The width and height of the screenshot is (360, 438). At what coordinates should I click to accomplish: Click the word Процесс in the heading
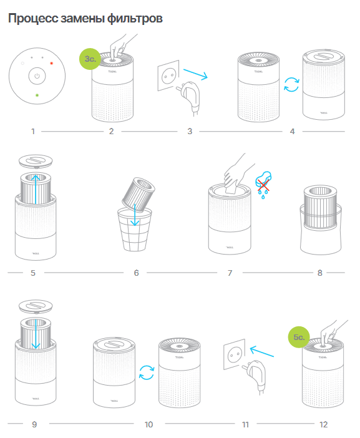tap(33, 19)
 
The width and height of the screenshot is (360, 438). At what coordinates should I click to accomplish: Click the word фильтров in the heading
tap(135, 19)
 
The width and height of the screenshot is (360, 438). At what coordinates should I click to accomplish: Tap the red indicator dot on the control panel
tap(51, 64)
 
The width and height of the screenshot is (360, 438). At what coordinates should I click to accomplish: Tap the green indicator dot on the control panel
tap(37, 95)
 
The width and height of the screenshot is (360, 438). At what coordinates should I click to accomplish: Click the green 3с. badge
tap(90, 59)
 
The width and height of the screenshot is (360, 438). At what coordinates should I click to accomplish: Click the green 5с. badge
tap(299, 337)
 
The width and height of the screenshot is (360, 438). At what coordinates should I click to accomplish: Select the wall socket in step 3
tap(168, 75)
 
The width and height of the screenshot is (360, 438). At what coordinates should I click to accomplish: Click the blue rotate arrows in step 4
tap(291, 84)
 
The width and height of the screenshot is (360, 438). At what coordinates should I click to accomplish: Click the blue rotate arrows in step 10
tap(147, 372)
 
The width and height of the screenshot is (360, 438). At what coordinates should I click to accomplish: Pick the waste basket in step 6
tap(135, 229)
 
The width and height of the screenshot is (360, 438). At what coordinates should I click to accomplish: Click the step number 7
tap(230, 273)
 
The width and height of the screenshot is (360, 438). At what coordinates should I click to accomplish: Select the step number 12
tap(323, 425)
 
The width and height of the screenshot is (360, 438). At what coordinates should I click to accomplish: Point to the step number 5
tap(33, 273)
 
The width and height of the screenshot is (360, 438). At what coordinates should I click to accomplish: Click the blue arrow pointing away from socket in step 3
tap(195, 74)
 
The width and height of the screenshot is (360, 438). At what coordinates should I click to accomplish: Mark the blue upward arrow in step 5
tap(36, 189)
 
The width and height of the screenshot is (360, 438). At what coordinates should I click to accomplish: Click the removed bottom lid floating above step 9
tap(36, 306)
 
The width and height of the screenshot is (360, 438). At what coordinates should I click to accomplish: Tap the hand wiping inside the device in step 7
tap(237, 173)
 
